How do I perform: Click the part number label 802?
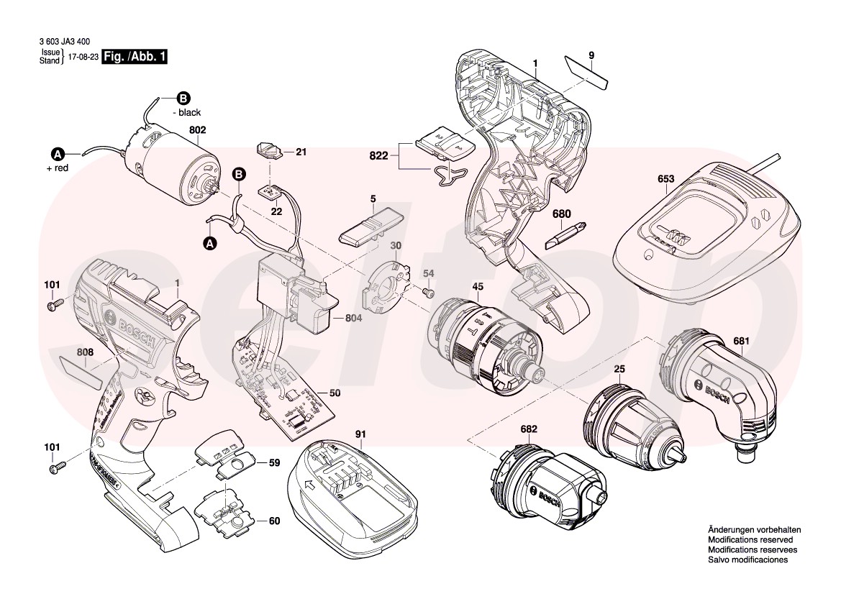[197, 130]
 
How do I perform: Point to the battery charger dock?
[705, 234]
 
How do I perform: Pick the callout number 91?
[360, 434]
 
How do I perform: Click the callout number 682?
[529, 429]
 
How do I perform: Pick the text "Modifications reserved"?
[750, 539]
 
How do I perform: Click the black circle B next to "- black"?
[183, 99]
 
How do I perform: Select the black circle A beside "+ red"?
[58, 153]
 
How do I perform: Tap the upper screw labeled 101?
[53, 306]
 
